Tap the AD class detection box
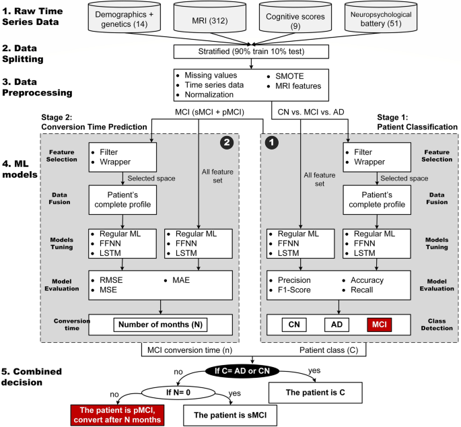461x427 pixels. coord(337,324)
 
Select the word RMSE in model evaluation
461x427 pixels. coord(113,280)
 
